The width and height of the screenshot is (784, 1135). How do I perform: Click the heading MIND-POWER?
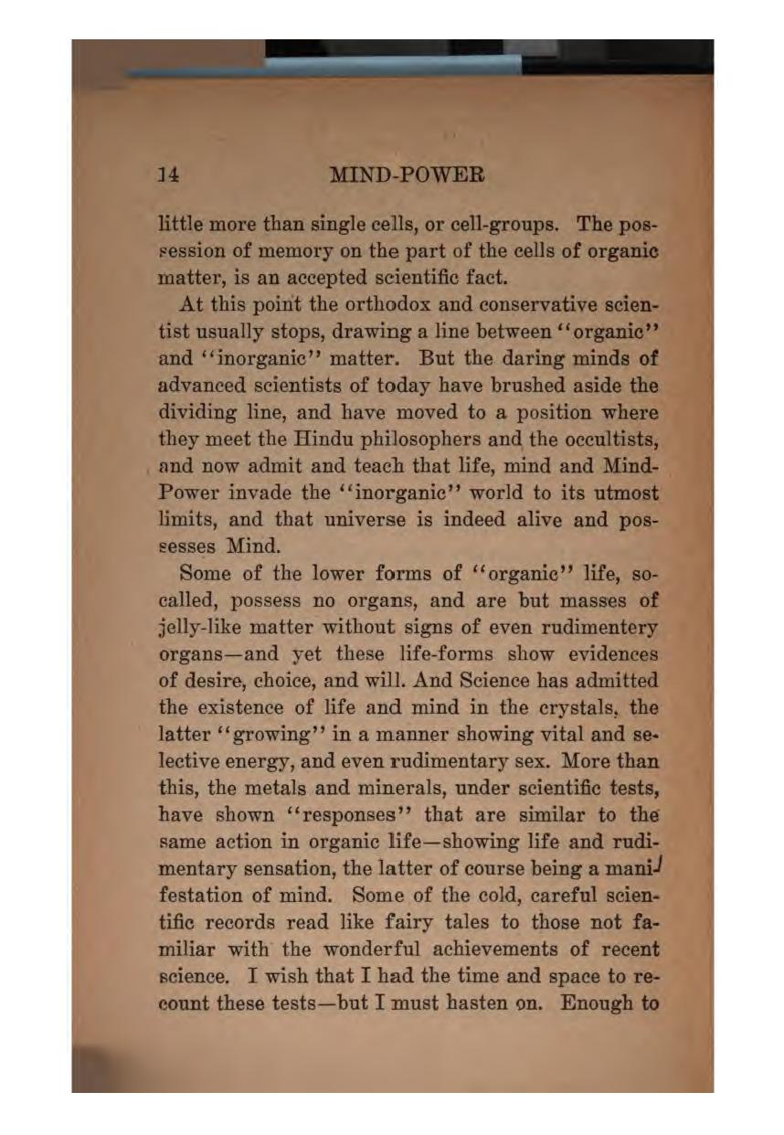tap(406, 175)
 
